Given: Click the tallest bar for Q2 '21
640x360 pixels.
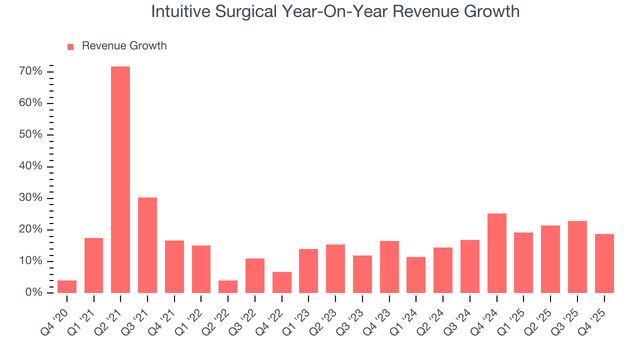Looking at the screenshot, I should coord(120,179).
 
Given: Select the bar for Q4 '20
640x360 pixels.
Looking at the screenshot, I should coord(67,286).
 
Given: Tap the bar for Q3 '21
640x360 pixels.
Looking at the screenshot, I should coord(147,245).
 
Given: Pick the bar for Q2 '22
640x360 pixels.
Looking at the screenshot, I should coord(228,286).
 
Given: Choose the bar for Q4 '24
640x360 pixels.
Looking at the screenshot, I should coord(497,253).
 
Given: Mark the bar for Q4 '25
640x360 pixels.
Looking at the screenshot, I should coord(604,263).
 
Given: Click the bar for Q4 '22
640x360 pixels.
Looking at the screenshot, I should coord(282,282).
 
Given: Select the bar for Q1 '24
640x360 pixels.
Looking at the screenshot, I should coord(416,275).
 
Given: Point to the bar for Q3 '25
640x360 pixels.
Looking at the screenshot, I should coord(577,257).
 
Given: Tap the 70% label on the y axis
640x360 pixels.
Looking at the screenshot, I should coord(30,71).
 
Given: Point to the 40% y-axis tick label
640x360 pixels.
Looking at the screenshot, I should coord(30,166).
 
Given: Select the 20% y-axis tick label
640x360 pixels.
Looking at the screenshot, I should coord(30,229).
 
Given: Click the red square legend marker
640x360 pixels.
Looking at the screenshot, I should coord(70,46).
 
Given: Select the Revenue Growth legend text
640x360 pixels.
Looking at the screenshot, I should coord(124,46).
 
